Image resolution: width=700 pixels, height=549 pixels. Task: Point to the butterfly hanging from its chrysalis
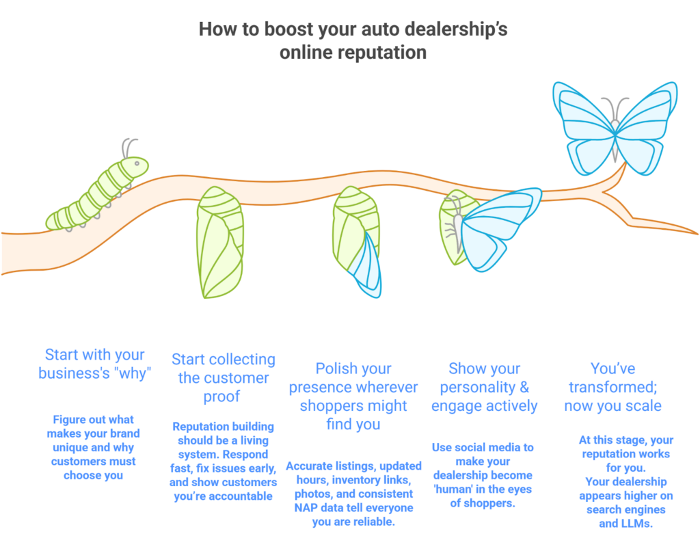coord(492,230)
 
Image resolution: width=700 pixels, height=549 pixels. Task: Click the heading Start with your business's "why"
coord(94,364)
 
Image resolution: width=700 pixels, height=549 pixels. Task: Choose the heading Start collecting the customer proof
coord(223,378)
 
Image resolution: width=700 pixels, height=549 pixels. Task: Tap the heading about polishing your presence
coord(353,397)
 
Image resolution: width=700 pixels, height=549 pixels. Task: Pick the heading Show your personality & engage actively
coord(485,387)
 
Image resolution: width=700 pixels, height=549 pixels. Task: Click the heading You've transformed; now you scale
coord(613,387)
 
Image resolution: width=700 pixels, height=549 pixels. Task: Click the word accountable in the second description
coord(241,496)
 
